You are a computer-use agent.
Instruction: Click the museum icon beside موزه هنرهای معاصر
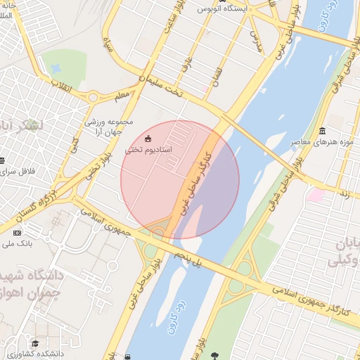click(x=321, y=131)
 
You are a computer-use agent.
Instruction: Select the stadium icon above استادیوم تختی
click(x=148, y=138)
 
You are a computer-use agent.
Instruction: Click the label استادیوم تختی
click(x=148, y=150)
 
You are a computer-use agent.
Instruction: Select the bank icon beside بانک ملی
click(x=18, y=233)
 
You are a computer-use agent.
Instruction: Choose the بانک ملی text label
click(x=17, y=244)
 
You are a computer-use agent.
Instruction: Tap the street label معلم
click(x=122, y=94)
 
